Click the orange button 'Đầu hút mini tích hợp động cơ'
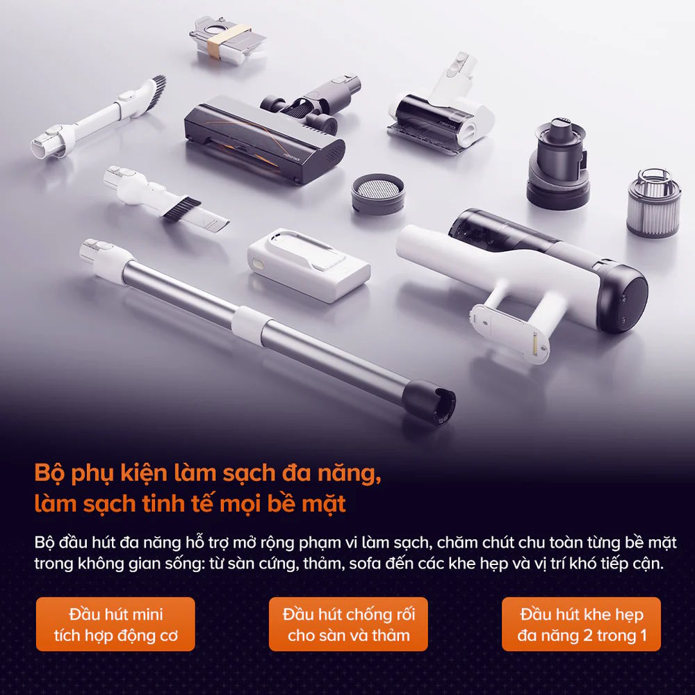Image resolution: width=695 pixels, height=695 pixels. tap(115, 624)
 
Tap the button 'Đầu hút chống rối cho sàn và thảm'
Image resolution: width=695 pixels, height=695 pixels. tap(348, 624)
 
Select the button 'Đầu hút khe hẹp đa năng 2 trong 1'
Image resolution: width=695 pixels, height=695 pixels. tap(581, 624)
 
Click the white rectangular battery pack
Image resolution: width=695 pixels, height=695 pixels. tap(309, 264)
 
